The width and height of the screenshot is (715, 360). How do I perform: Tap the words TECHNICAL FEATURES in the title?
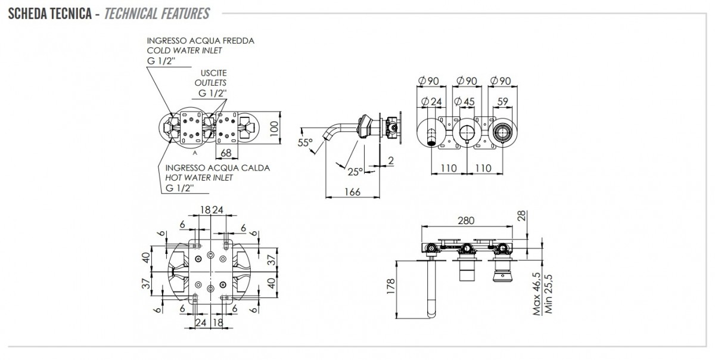click(157, 13)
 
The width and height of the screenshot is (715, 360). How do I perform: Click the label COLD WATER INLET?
click(184, 51)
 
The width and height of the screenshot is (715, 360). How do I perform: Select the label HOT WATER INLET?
click(199, 178)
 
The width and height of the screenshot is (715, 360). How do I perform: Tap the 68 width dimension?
click(226, 154)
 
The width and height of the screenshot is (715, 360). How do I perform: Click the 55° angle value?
click(305, 142)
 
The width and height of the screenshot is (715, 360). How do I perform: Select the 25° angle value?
click(356, 172)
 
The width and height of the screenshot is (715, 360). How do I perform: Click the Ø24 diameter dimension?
click(431, 102)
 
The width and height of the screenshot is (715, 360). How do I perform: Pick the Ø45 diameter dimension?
click(465, 102)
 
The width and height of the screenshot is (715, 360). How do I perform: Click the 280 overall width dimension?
click(466, 221)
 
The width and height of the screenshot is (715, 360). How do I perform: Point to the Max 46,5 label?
click(537, 294)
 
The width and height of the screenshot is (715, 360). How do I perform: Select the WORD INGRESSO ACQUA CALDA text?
click(217, 167)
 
